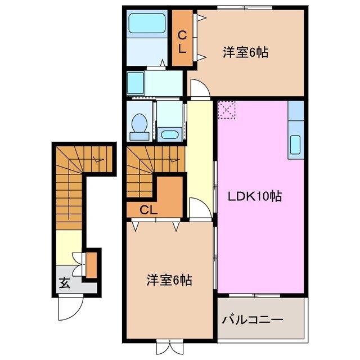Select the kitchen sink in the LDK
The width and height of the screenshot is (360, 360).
[x=296, y=145]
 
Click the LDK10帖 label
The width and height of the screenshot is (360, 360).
[x=255, y=197]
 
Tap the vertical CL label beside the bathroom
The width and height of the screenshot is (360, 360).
[x=182, y=42]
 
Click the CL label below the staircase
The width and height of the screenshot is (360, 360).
[x=148, y=210]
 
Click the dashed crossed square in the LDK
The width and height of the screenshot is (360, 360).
[x=227, y=110]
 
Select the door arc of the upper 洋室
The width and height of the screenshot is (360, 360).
[x=200, y=88]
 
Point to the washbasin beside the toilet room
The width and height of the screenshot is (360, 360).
[x=169, y=133]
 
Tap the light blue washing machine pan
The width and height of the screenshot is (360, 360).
[x=135, y=82]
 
